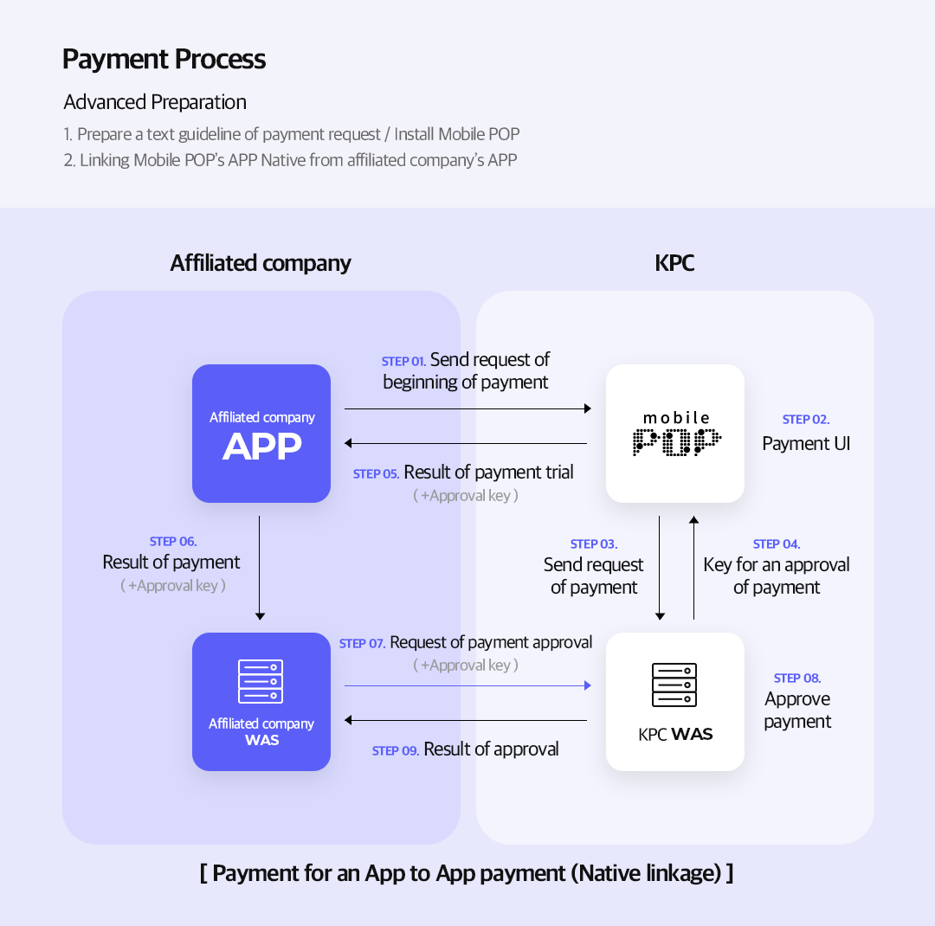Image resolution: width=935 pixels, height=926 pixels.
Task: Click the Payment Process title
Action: tap(164, 59)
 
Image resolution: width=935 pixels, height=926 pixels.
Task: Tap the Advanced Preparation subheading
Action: tap(155, 102)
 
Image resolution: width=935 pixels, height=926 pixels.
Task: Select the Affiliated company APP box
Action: tap(261, 434)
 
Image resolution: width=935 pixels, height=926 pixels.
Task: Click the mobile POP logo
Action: tap(675, 434)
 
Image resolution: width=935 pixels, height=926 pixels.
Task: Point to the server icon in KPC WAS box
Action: tap(674, 685)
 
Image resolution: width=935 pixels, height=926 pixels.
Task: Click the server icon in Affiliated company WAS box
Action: tap(261, 682)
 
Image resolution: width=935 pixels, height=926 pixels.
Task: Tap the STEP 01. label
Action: tap(403, 362)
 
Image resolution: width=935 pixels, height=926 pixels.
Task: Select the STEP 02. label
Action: tap(806, 420)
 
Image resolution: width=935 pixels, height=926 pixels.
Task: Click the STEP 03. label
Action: tap(594, 544)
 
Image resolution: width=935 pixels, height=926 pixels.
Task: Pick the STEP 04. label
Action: tap(777, 544)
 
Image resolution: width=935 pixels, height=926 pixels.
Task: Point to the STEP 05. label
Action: tap(377, 474)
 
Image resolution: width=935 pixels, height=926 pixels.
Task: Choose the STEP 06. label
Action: tap(173, 542)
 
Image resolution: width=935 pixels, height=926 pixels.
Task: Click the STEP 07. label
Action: tap(363, 644)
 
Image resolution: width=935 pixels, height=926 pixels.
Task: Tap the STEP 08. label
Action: tap(797, 678)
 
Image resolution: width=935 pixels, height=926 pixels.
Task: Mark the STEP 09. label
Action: tap(396, 751)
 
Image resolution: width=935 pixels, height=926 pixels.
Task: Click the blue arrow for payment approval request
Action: tap(467, 685)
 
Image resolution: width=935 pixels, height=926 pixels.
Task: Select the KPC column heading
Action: tap(674, 263)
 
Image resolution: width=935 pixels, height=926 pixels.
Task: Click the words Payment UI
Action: tap(806, 444)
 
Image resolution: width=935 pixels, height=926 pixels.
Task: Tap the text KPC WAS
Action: tap(675, 735)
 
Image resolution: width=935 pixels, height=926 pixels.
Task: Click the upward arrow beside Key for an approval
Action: tap(693, 567)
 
